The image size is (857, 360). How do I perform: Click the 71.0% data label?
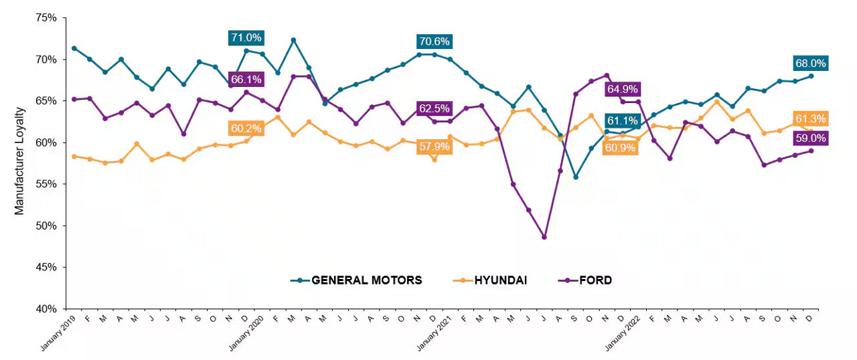tap(246, 38)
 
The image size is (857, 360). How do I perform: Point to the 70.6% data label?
tap(434, 41)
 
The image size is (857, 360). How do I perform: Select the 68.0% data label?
tap(811, 64)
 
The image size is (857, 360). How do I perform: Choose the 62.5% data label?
tap(434, 107)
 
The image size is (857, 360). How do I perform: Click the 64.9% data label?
tap(622, 89)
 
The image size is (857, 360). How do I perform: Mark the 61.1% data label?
tap(622, 121)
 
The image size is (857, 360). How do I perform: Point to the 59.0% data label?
tap(811, 139)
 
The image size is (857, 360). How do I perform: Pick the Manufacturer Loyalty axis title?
tap(19, 161)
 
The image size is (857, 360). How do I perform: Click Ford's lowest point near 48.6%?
tap(544, 237)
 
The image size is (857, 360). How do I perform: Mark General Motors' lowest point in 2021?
tap(576, 177)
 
